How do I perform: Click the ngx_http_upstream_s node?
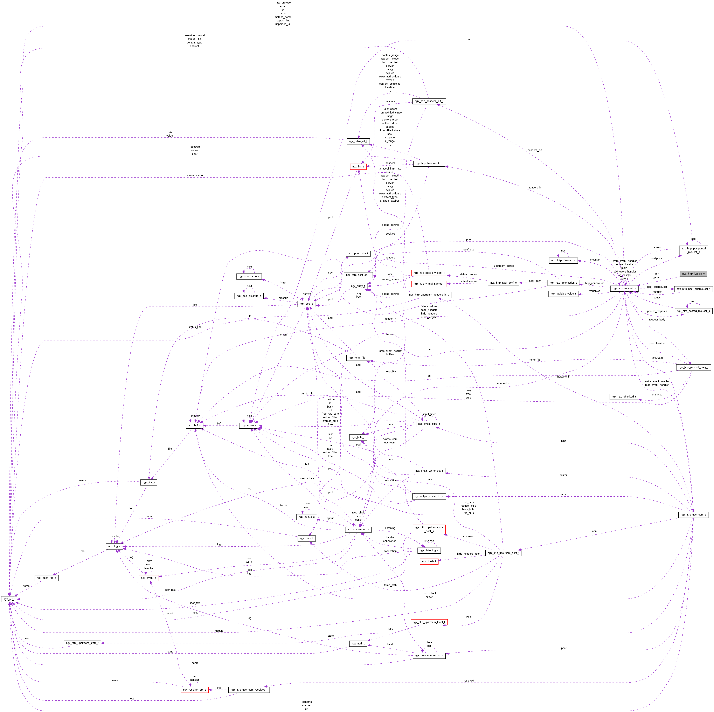pos(693,515)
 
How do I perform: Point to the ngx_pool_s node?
pos(306,304)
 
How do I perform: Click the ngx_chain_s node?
pos(249,426)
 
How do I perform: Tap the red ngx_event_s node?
pos(148,578)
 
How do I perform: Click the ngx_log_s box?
pos(114,546)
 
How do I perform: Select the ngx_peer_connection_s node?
pos(429,655)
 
